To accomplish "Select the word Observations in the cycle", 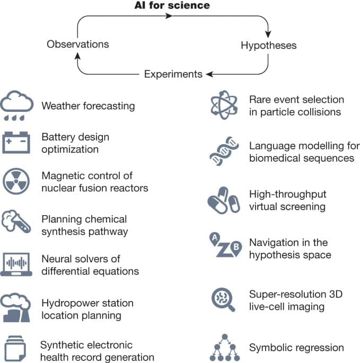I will point(78,44).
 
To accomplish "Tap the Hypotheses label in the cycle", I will point(268,45).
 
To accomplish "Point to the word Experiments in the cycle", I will point(173,74).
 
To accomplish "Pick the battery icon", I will point(19,143).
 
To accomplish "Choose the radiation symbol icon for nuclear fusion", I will point(19,181).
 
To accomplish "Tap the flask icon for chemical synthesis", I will point(19,223).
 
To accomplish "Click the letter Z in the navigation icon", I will point(223,250).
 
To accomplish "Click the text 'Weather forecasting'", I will point(88,105).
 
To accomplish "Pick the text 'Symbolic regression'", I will point(296,348).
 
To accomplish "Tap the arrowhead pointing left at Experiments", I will point(209,74).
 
